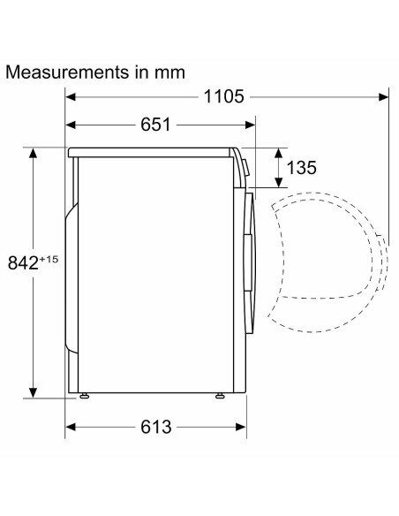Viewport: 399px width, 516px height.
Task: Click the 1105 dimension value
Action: pyautogui.click(x=224, y=97)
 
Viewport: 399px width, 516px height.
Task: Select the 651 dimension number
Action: pyautogui.click(x=155, y=125)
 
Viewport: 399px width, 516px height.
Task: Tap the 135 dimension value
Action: pyautogui.click(x=302, y=168)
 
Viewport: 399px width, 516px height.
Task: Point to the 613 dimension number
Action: pyautogui.click(x=156, y=427)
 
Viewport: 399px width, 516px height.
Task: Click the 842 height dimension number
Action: pyautogui.click(x=23, y=263)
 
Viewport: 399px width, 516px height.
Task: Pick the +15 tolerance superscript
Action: pyautogui.click(x=49, y=259)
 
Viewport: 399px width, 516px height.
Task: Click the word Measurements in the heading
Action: pyautogui.click(x=67, y=72)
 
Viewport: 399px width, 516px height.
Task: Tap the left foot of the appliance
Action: pyautogui.click(x=84, y=396)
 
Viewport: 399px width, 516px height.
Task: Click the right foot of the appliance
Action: pyautogui.click(x=220, y=396)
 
